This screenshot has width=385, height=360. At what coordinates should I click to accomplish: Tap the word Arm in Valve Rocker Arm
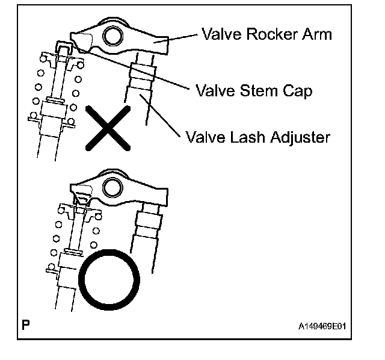[317, 34]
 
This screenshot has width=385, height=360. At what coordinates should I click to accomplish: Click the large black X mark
[108, 126]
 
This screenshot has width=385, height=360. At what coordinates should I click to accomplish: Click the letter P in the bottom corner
[25, 326]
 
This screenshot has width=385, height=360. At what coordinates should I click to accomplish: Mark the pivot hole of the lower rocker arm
[112, 188]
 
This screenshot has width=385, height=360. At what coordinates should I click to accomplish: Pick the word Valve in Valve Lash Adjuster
[203, 137]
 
